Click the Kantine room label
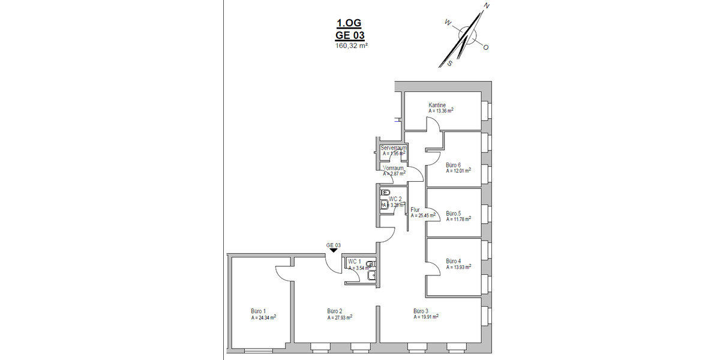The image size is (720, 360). (x=437, y=105)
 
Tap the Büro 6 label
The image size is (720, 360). (x=454, y=164)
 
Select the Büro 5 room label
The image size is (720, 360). (x=454, y=213)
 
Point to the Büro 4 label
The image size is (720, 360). (x=454, y=261)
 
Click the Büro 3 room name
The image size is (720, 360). (x=422, y=311)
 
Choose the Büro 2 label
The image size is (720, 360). (x=335, y=311)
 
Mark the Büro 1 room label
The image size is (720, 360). (x=259, y=311)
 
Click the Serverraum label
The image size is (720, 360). (x=394, y=148)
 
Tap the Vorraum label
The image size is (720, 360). (x=394, y=168)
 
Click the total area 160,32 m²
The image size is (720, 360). (x=351, y=45)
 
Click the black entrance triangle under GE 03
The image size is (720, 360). (x=334, y=251)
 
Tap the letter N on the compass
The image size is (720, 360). (x=487, y=5)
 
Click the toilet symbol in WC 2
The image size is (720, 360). (x=385, y=193)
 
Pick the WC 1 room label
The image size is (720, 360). (x=355, y=262)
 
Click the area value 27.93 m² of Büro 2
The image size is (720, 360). (x=340, y=317)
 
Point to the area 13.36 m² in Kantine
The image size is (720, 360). (x=441, y=111)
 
